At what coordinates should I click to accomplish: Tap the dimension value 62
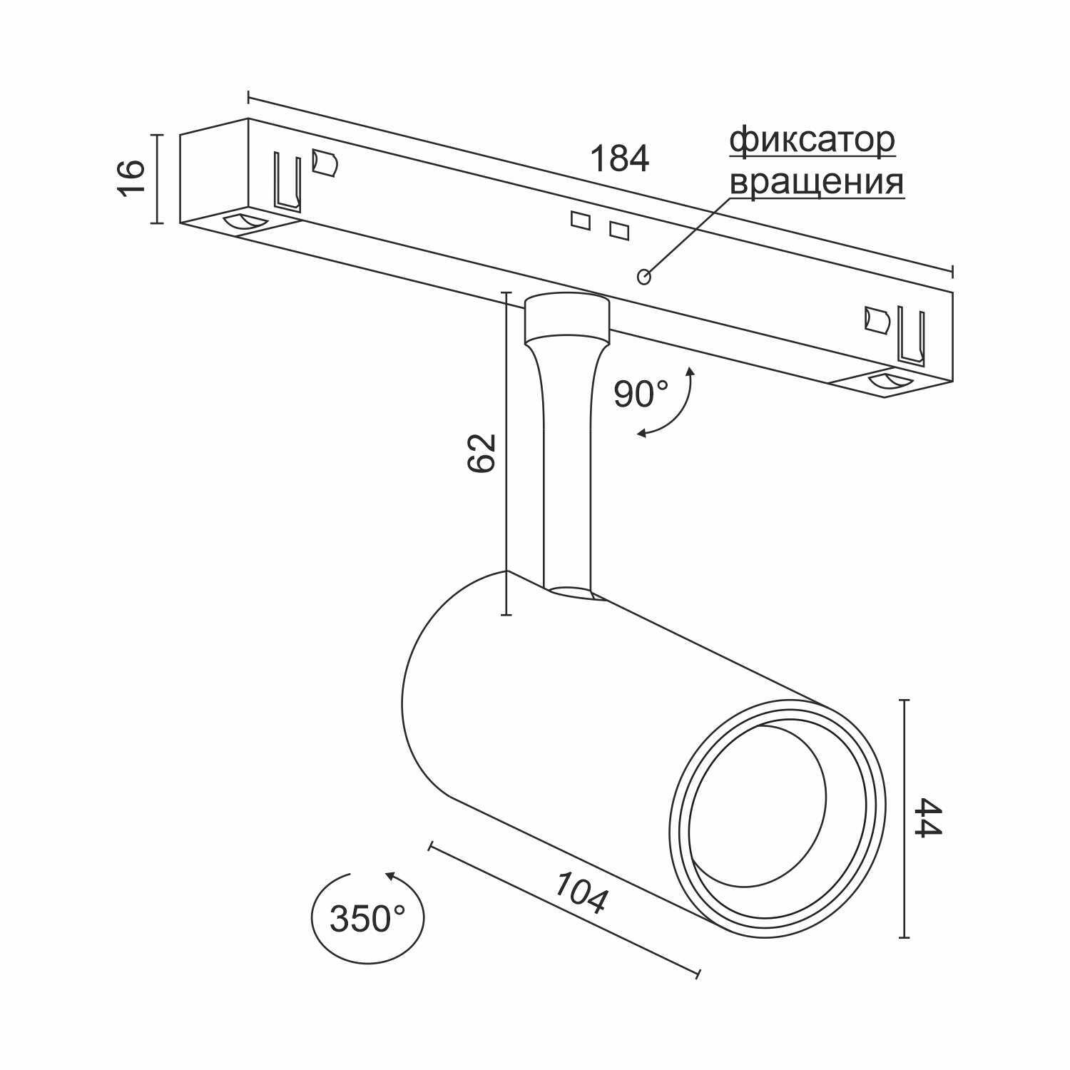[481, 452]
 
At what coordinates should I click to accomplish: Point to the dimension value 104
[581, 892]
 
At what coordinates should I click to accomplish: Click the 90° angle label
[641, 394]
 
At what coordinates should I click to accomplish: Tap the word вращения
[817, 182]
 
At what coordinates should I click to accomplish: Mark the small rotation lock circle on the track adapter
[643, 276]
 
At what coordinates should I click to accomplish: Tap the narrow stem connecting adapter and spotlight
[566, 464]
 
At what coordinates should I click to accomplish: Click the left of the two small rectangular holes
[580, 220]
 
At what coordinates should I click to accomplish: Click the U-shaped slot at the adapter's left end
[287, 181]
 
